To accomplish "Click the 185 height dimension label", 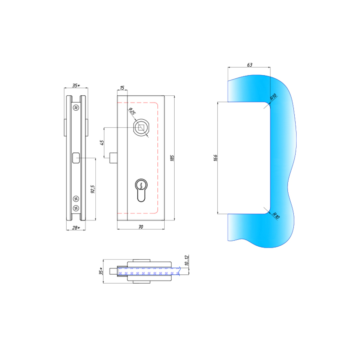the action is [x=172, y=158].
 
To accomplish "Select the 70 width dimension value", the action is [x=141, y=227].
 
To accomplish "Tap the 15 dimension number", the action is [x=122, y=88].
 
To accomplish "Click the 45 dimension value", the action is [x=102, y=142].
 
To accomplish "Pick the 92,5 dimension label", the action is [x=93, y=189].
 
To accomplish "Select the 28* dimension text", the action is [x=76, y=228].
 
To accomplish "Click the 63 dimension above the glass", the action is [x=250, y=65].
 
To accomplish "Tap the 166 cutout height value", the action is [x=215, y=158].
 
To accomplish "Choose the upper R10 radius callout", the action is [x=273, y=97].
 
